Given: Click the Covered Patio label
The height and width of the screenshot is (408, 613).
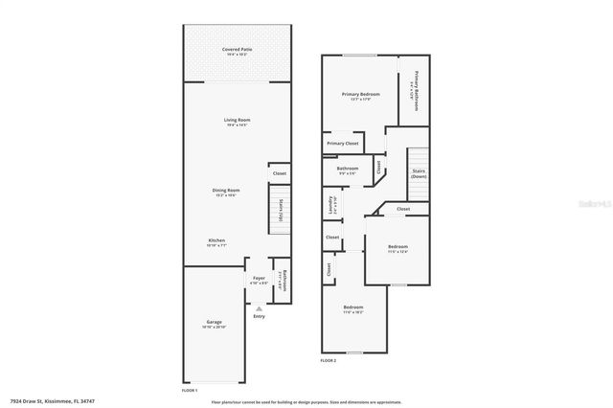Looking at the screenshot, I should coord(238,49).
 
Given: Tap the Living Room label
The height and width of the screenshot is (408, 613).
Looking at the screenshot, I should coord(238,120).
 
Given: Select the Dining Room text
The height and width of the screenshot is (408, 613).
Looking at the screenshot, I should coord(226,191).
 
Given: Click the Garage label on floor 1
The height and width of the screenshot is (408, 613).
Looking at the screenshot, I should coord(214,322).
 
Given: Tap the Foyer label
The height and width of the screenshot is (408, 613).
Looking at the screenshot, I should coord(259,279).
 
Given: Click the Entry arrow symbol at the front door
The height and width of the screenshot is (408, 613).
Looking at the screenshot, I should coord(259,307).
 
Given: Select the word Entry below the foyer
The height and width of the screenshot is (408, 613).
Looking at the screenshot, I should coord(259,316).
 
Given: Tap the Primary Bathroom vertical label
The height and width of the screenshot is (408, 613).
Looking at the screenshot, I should coord(417,89).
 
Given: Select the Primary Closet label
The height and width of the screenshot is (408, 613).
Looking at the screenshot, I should coord(342,143).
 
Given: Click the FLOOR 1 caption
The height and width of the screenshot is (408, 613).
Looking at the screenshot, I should coord(189,390).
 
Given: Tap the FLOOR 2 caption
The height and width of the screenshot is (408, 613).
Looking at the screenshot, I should coord(328,360).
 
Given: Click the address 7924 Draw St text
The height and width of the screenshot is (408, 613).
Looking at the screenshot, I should coord(52,401).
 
